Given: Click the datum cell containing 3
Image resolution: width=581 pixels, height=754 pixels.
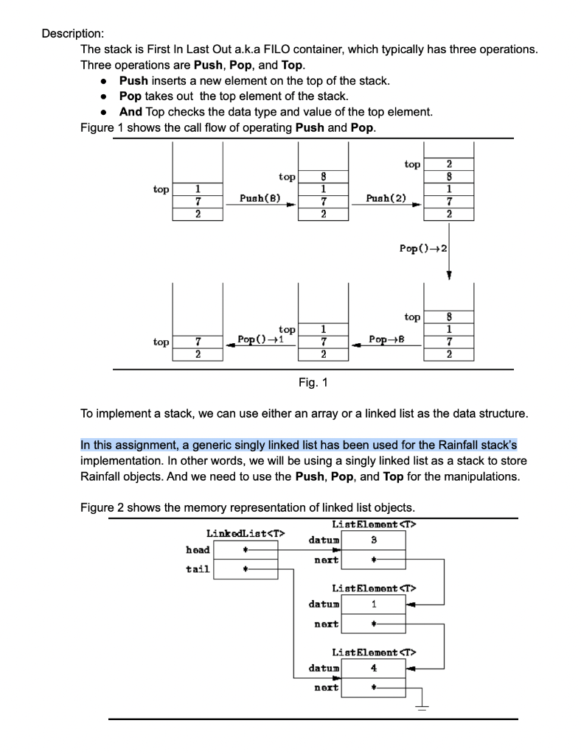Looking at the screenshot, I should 374,541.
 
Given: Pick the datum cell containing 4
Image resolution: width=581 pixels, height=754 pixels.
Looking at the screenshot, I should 374,669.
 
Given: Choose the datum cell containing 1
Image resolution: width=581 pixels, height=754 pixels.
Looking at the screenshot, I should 374,605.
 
